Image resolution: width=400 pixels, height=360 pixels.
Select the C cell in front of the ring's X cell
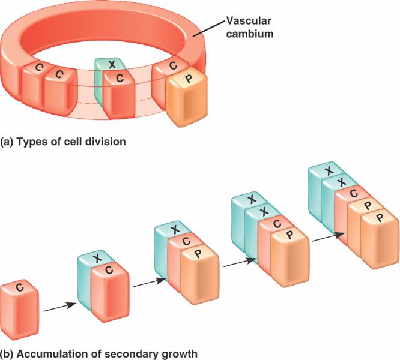[x=120, y=94]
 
